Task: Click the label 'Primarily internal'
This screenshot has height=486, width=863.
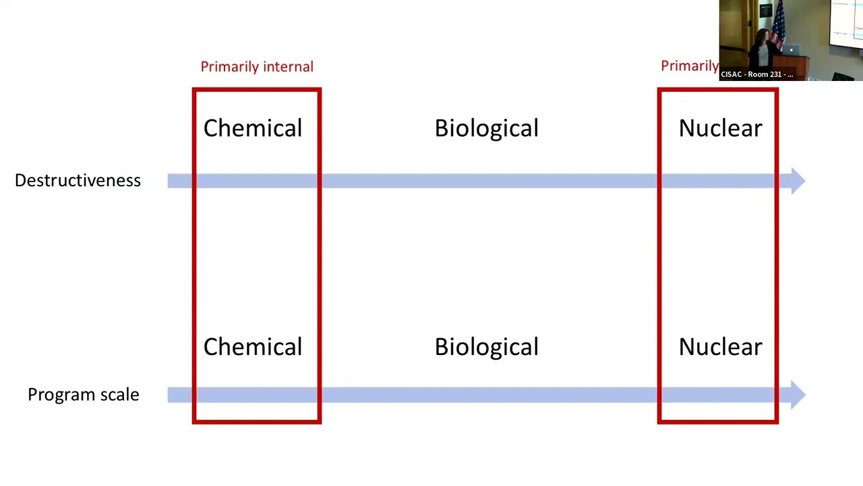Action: pos(257,66)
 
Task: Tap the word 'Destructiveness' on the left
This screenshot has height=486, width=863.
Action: pos(78,180)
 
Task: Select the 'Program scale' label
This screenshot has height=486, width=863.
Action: pos(83,394)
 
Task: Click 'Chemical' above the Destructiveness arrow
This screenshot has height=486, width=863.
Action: pos(253,128)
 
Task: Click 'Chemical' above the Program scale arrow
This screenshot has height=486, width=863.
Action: pos(253,347)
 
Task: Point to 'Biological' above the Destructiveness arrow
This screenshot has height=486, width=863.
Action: pos(486,128)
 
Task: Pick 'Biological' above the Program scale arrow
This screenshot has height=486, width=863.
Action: pos(486,347)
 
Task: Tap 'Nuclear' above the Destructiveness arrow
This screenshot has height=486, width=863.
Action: pos(720,128)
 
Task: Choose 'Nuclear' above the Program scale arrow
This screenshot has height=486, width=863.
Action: pos(720,347)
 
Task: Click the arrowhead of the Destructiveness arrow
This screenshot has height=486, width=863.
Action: pos(798,180)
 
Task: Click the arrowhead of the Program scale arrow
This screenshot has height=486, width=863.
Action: pos(798,395)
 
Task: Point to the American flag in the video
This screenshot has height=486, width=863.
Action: pos(779,24)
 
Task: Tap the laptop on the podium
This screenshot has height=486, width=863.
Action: pos(792,50)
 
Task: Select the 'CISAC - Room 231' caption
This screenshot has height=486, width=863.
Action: pos(756,74)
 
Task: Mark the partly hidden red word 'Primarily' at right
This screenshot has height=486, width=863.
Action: pos(690,65)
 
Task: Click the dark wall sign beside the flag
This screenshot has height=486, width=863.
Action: pos(765,11)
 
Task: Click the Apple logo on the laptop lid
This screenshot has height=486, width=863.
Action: pos(792,50)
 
